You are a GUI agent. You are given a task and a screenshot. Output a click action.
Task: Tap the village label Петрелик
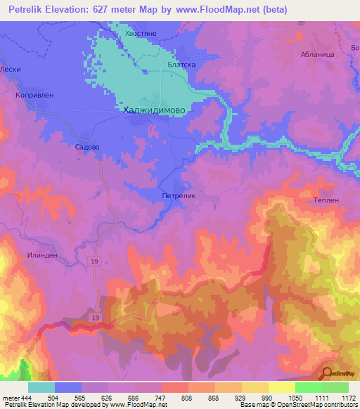[x=178, y=197]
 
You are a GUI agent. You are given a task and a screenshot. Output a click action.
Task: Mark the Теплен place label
[x=326, y=200]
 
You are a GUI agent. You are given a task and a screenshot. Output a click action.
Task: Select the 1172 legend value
[x=340, y=397]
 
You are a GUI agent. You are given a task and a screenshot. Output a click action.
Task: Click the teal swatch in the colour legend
[x=41, y=387]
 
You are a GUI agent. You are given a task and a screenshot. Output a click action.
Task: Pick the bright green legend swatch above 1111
[x=308, y=387]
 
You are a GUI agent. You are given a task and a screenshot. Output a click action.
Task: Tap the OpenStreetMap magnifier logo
[x=326, y=374]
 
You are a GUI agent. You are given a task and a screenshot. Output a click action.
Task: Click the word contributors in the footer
[x=339, y=405]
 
